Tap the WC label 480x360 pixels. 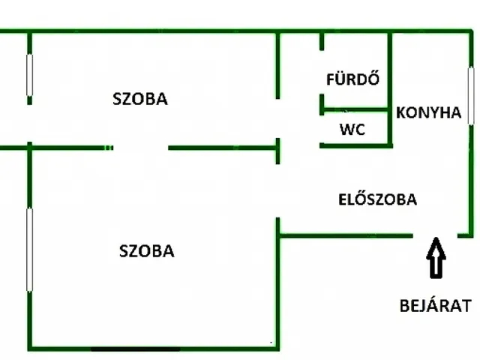(352, 129)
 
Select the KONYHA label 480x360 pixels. (427, 113)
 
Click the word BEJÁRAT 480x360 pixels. (435, 305)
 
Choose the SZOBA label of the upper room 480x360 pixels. (139, 98)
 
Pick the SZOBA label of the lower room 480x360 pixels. (147, 251)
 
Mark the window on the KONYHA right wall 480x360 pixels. (471, 95)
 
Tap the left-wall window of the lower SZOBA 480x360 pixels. (29, 250)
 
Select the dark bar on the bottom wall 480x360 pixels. (136, 349)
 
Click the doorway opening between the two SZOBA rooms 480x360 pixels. (141, 148)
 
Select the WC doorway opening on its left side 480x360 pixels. (321, 128)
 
